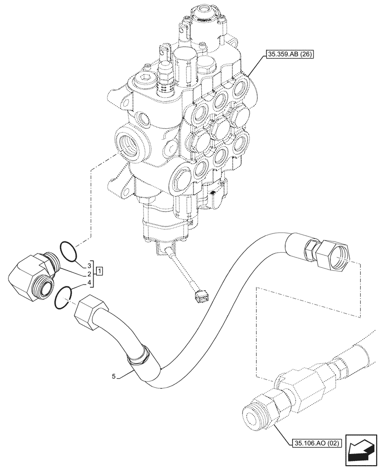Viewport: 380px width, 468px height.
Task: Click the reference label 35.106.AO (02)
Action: click(x=317, y=442)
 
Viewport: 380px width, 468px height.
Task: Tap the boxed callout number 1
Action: click(x=101, y=271)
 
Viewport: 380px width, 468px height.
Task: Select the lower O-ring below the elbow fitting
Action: click(x=62, y=298)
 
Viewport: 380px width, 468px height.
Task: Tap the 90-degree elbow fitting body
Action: click(x=30, y=276)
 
